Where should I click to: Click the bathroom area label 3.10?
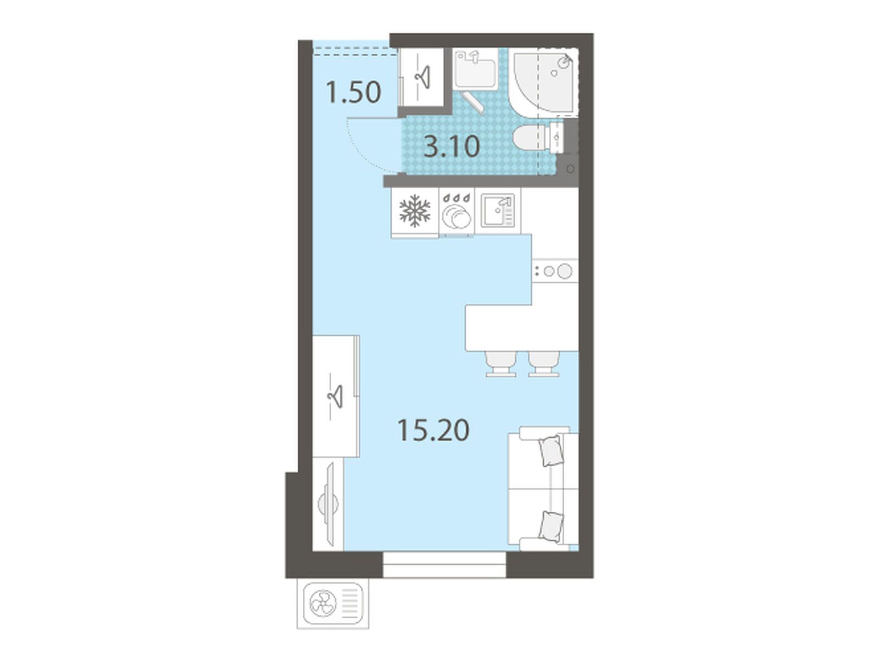(x=452, y=147)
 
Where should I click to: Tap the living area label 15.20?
(x=433, y=430)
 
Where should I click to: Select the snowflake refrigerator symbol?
(x=414, y=211)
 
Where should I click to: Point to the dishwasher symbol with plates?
(x=456, y=214)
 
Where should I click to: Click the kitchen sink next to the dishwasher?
(x=497, y=210)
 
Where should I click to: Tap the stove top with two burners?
(x=555, y=271)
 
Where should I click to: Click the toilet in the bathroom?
(x=538, y=138)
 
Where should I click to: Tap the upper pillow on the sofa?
(x=551, y=450)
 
